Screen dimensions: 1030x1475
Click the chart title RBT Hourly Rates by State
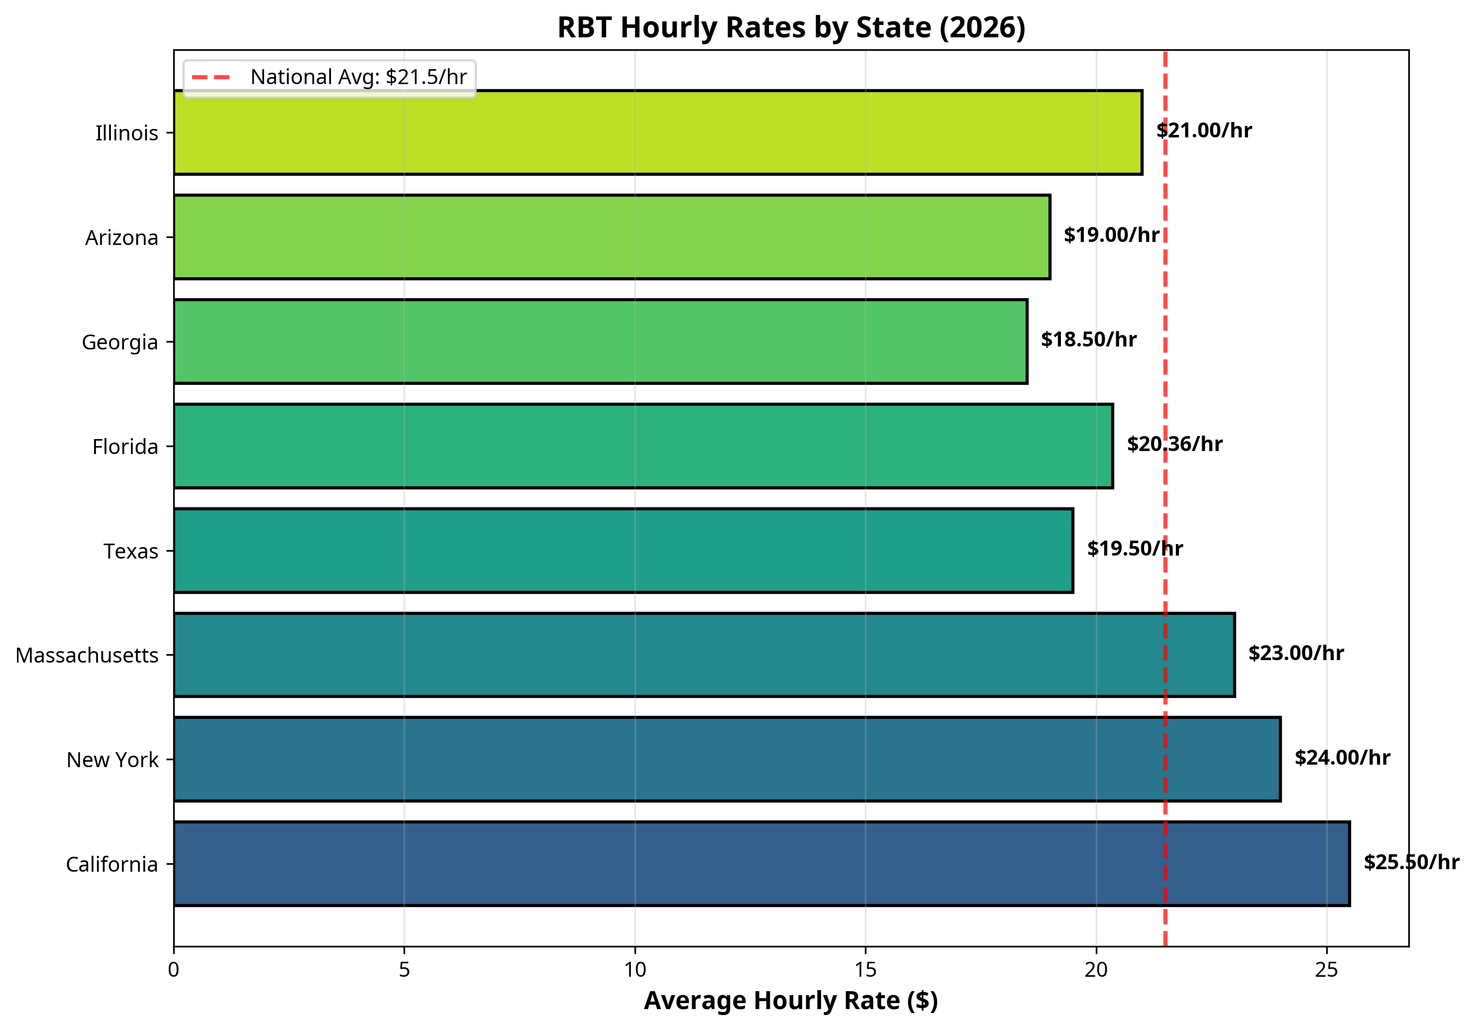click(x=791, y=28)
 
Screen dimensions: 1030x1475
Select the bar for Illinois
click(x=657, y=132)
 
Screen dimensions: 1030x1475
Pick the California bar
click(x=761, y=864)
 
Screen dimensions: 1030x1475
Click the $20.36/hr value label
click(x=1174, y=444)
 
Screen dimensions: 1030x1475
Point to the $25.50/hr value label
click(x=1411, y=862)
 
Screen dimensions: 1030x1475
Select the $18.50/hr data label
click(x=1088, y=339)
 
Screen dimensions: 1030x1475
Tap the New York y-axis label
click(x=112, y=760)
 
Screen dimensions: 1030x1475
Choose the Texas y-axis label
click(x=131, y=551)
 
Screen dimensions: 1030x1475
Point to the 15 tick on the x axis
click(x=865, y=970)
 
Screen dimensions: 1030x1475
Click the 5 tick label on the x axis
click(x=404, y=970)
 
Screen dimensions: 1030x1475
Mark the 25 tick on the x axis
click(x=1327, y=970)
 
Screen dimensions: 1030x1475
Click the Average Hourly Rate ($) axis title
click(x=791, y=1001)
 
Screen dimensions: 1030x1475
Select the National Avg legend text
click(x=358, y=77)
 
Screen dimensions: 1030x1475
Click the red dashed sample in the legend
click(x=211, y=77)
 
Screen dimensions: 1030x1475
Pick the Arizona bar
click(x=612, y=237)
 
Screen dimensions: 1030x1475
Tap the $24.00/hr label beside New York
click(x=1342, y=758)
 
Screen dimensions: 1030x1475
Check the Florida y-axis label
click(x=125, y=447)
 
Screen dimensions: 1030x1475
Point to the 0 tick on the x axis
click(x=174, y=970)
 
